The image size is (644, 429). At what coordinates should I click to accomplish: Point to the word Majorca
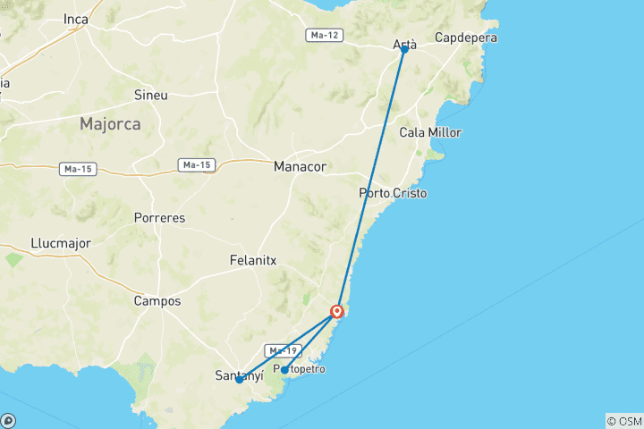point(110,124)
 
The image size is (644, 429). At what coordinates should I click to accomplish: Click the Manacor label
point(300,166)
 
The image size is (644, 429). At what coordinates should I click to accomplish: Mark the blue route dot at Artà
point(404,49)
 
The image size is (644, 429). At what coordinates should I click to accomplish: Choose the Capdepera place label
point(465,38)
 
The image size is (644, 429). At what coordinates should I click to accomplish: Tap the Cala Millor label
point(430,132)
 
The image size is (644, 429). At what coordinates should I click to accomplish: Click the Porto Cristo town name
point(393,193)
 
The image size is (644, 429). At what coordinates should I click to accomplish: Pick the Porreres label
point(158,217)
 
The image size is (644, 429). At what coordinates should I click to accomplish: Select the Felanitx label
point(250,260)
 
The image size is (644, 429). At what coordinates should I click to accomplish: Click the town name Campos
point(157,301)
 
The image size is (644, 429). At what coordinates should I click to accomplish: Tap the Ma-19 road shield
point(281,349)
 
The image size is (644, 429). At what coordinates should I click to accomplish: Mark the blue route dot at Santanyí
point(240,380)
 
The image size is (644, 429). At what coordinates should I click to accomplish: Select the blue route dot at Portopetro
point(284,369)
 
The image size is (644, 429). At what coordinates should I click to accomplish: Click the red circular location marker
point(337,312)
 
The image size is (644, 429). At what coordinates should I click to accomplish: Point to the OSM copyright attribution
point(623,420)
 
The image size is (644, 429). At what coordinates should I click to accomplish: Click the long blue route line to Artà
point(371,179)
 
